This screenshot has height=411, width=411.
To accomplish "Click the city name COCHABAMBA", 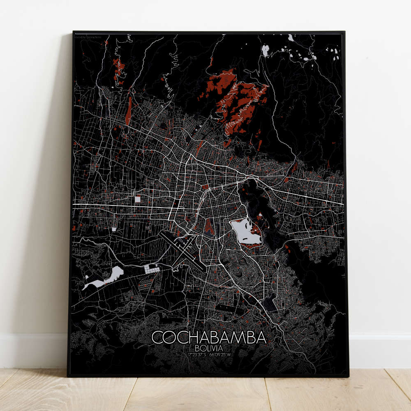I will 209,337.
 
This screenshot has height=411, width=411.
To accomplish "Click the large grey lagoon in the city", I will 245,233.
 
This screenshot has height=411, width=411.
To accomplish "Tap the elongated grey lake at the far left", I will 101,279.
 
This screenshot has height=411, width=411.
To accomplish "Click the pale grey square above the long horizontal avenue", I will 138,199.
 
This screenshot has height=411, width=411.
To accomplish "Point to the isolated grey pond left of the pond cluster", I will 265,51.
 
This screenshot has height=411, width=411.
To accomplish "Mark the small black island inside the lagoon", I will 260,215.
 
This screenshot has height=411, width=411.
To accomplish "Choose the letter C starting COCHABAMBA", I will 158,337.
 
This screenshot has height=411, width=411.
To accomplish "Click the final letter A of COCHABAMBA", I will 261,337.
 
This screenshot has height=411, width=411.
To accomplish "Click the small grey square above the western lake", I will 114,229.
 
